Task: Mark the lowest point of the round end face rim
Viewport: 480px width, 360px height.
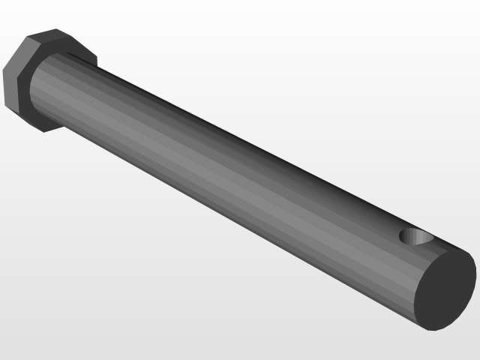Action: point(429,330)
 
